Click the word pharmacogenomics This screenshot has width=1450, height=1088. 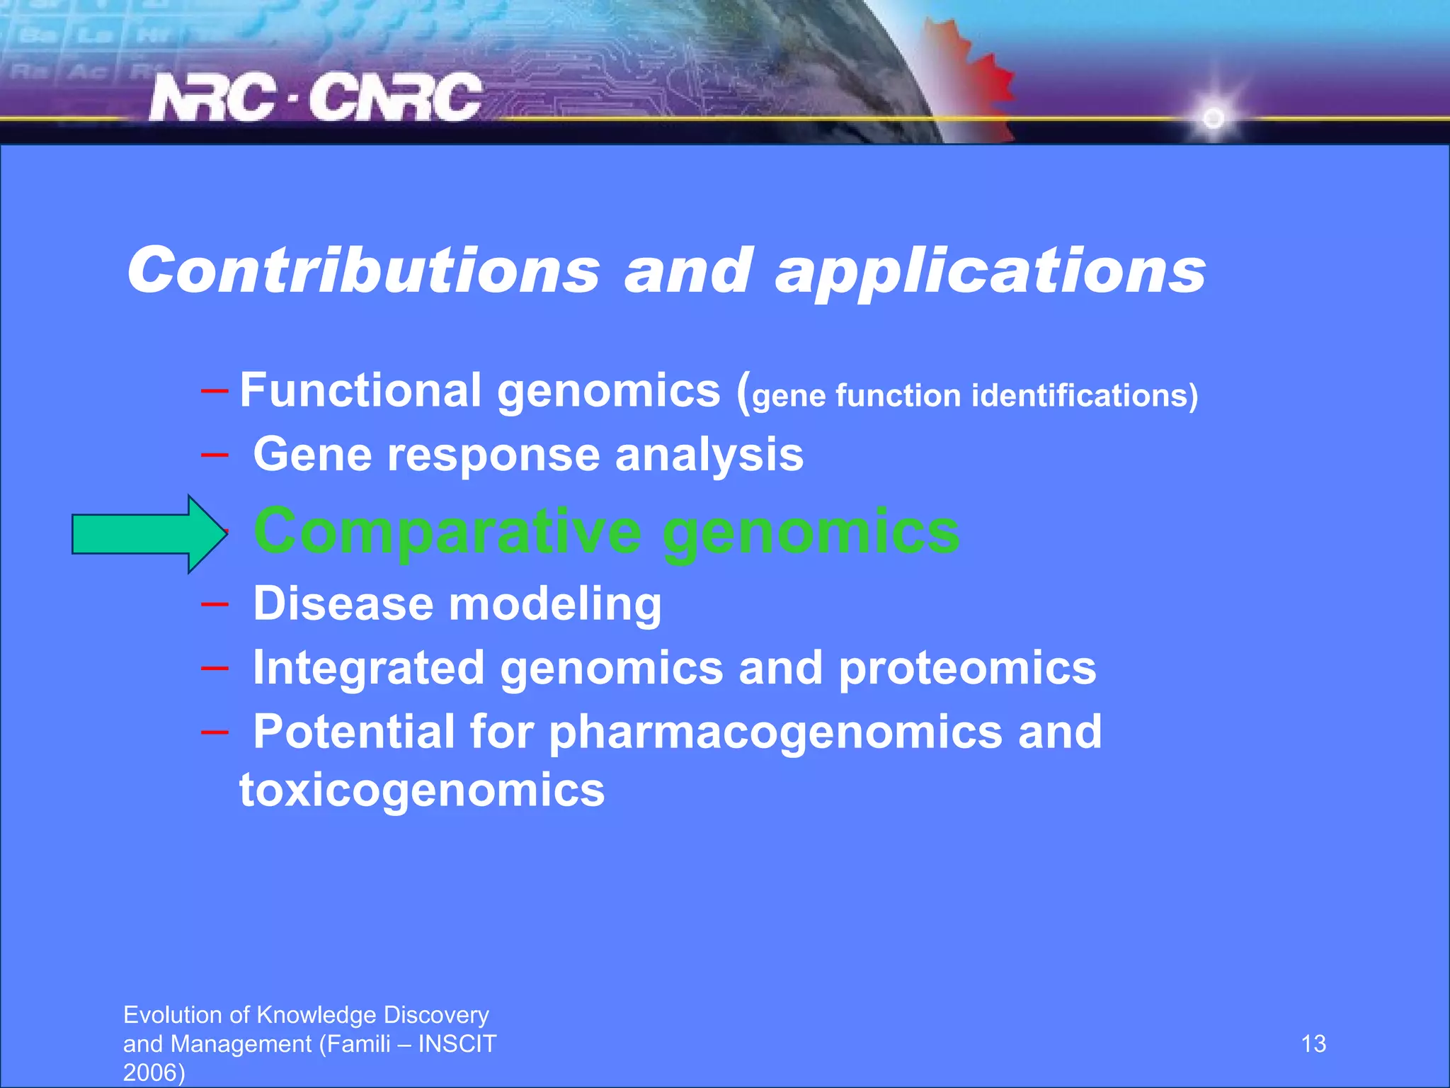[x=775, y=732]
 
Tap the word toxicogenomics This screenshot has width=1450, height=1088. [x=422, y=790]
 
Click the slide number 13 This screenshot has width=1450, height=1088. [x=1313, y=1043]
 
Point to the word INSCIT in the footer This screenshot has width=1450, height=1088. [x=457, y=1043]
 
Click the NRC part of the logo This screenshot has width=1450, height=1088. [x=212, y=98]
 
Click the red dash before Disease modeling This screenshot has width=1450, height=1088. [x=215, y=604]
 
